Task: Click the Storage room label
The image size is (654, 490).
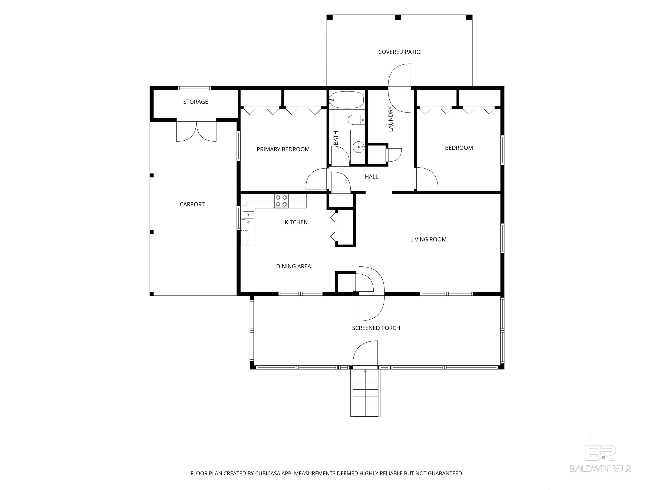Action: click(195, 102)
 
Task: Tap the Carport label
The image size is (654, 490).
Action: click(192, 204)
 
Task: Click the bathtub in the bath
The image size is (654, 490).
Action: click(347, 100)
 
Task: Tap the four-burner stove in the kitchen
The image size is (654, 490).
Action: click(281, 201)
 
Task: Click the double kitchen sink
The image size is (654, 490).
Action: click(248, 219)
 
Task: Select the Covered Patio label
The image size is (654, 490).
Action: click(399, 52)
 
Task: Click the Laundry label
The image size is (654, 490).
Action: click(391, 119)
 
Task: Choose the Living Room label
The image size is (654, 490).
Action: click(428, 239)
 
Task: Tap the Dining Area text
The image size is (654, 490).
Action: click(293, 266)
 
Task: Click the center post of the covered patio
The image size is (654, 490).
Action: click(398, 17)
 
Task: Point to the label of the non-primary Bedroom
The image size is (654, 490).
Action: click(459, 148)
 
